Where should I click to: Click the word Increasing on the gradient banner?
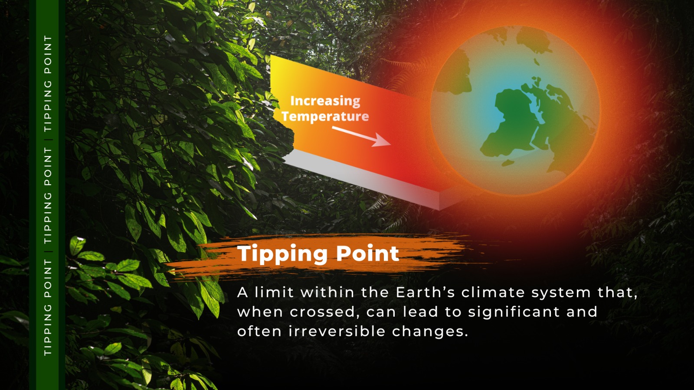[325, 101]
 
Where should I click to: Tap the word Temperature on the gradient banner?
[325, 117]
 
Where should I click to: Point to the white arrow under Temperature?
[361, 136]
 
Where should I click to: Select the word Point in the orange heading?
[368, 253]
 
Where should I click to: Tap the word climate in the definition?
[493, 292]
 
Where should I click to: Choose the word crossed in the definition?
[322, 312]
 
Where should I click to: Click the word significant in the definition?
[514, 312]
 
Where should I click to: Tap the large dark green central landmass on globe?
[508, 124]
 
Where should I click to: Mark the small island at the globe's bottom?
[508, 162]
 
